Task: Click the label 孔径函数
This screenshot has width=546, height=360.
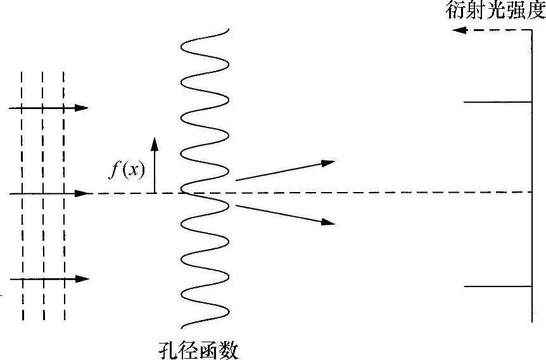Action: click(x=200, y=349)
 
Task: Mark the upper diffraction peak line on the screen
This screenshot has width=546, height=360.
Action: click(x=498, y=101)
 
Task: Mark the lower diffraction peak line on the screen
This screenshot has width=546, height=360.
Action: click(x=498, y=286)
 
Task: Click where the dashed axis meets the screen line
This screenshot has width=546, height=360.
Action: click(x=531, y=192)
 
